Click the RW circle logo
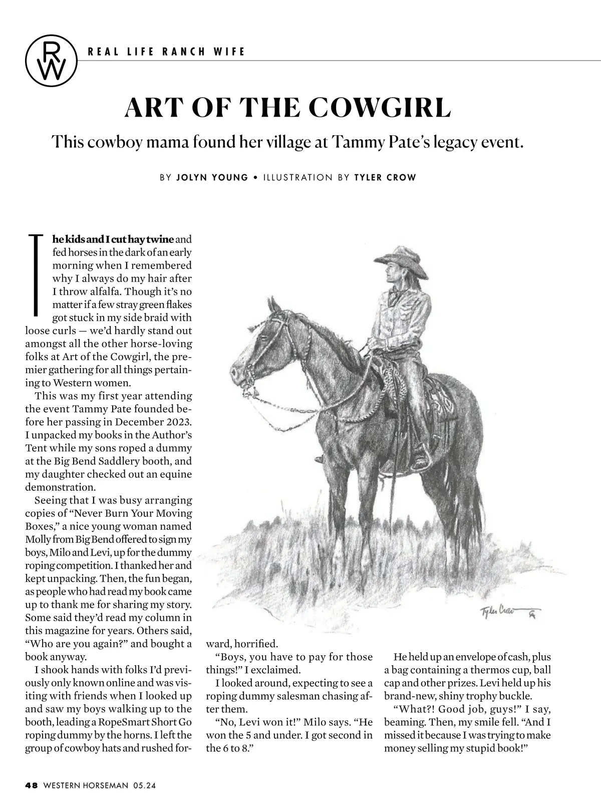coord(51,60)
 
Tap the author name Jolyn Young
coord(212,177)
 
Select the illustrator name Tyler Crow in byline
coord(385,177)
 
